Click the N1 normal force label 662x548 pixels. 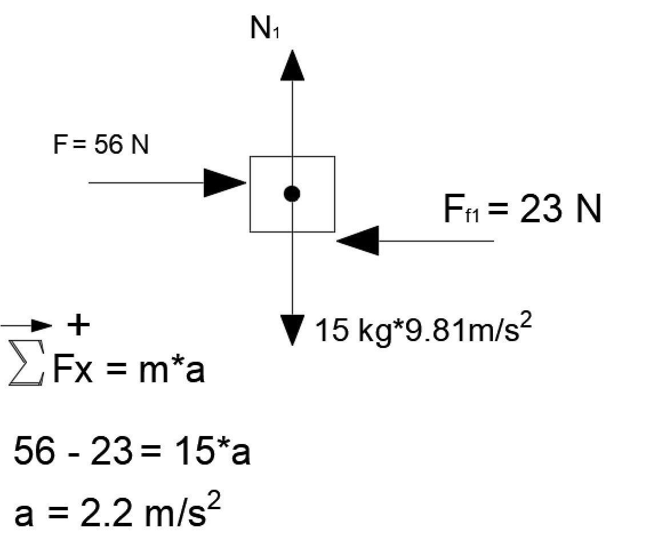point(264,29)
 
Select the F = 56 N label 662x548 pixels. point(101,144)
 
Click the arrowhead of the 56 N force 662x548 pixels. point(225,183)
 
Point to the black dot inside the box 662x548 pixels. point(292,194)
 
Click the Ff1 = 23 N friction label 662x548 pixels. point(522,209)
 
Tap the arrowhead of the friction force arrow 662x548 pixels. point(357,241)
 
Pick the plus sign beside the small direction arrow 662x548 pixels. point(78,325)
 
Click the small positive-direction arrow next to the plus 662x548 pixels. point(26,325)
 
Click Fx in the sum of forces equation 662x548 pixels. point(73,369)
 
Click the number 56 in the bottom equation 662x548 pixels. point(34,451)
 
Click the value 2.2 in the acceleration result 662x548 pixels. point(106,514)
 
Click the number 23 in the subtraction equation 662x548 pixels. point(111,451)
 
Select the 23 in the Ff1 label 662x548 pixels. point(541,209)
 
